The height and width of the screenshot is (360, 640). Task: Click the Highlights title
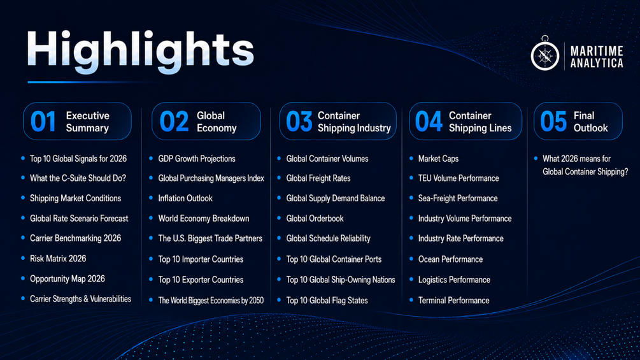pos(140,52)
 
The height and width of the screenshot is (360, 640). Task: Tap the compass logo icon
pos(545,54)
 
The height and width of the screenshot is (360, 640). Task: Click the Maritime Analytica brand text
pos(596,57)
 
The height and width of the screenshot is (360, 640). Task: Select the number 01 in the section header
pos(43,122)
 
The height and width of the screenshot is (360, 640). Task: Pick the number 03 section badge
pos(299,122)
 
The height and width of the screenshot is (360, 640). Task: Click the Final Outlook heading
pos(590,122)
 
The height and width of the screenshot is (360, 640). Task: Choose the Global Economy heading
pos(217,122)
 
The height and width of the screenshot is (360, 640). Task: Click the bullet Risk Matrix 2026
pos(58,258)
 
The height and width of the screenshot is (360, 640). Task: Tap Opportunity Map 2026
pos(68,279)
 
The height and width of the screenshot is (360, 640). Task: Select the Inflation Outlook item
pos(185,198)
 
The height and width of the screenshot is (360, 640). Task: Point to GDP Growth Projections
pos(197,159)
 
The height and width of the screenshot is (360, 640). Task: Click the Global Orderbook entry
pos(315,219)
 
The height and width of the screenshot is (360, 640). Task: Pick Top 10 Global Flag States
pos(327,300)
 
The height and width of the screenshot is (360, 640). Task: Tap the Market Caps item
pos(438,159)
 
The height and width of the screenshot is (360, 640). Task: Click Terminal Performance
pos(453,300)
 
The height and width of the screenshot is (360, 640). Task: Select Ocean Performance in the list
pos(450,259)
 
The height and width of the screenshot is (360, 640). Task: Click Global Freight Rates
pos(318,178)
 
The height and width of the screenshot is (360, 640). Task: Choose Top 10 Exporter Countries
pos(201,280)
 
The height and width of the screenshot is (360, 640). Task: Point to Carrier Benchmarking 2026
pos(76,238)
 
